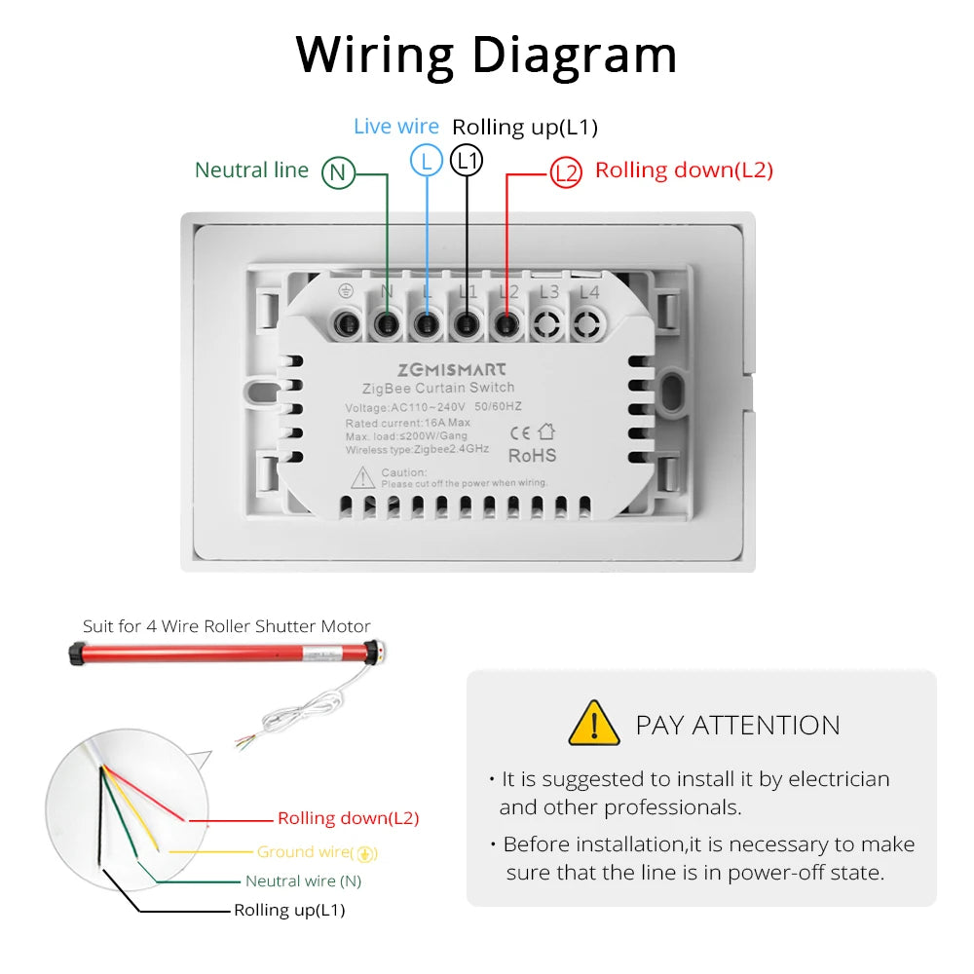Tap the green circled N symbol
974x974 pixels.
click(x=338, y=172)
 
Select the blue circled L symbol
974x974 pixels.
click(x=427, y=160)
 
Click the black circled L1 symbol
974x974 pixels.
click(x=468, y=160)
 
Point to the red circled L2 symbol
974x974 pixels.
click(x=566, y=172)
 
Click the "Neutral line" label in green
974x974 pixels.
click(x=251, y=170)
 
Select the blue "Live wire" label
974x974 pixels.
click(x=395, y=127)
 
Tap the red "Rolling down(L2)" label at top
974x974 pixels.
click(x=684, y=170)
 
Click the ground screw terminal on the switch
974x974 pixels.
click(x=346, y=322)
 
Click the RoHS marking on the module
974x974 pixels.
click(x=533, y=455)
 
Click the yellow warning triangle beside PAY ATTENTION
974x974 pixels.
click(x=593, y=724)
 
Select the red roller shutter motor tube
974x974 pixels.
click(x=224, y=654)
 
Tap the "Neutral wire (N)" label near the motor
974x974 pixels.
click(x=303, y=881)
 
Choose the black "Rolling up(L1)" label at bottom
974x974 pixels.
click(x=289, y=911)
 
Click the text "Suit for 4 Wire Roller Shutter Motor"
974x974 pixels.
click(x=226, y=626)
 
